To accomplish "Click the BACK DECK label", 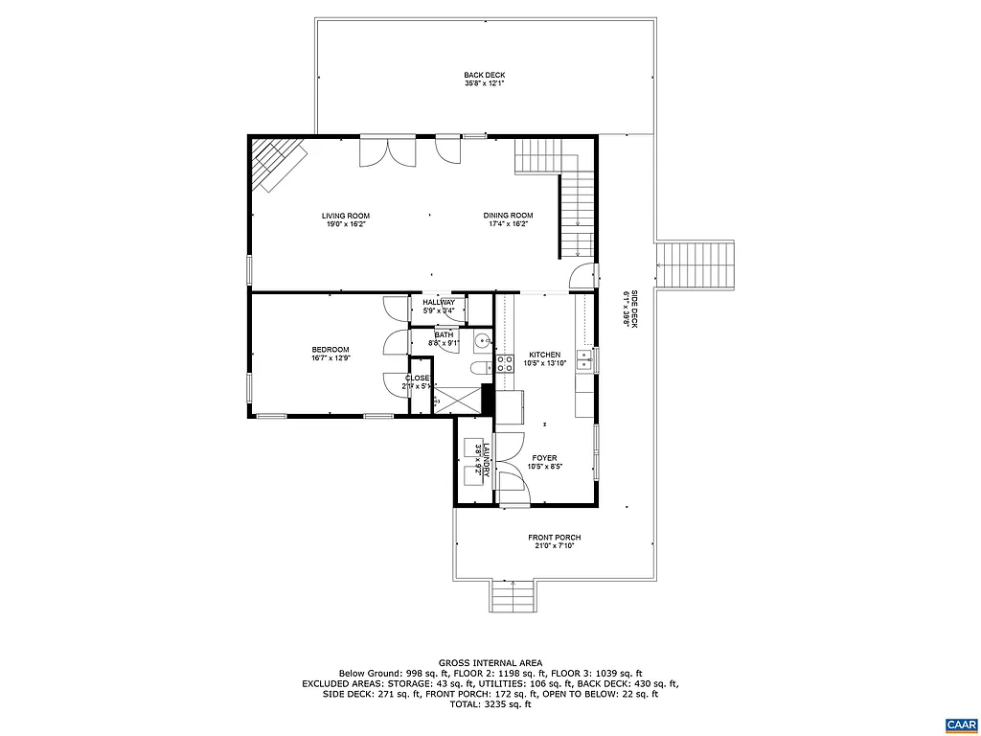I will pyautogui.click(x=484, y=75).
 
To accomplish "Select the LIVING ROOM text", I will pyautogui.click(x=345, y=216).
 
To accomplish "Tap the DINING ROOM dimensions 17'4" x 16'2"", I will pyautogui.click(x=508, y=224).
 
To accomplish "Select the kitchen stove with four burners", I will pyautogui.click(x=504, y=364).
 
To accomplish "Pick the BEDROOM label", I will pyautogui.click(x=331, y=350).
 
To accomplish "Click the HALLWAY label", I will pyautogui.click(x=439, y=303).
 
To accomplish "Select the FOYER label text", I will pyautogui.click(x=544, y=458).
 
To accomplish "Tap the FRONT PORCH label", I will pyautogui.click(x=555, y=538).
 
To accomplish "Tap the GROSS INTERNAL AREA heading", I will pyautogui.click(x=490, y=662).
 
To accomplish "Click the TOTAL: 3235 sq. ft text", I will pyautogui.click(x=490, y=704).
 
